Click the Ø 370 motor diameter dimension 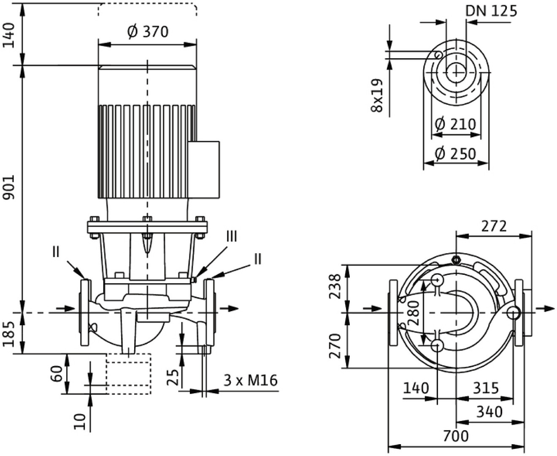[148, 32]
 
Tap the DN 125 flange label [491, 11]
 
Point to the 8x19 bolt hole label [377, 95]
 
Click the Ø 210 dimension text [455, 124]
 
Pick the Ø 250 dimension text [455, 154]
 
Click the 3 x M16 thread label [250, 380]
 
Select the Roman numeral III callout [232, 236]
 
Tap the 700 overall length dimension [455, 435]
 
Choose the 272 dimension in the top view [494, 226]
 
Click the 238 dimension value [334, 287]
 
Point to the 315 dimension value [485, 388]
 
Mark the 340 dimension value [489, 411]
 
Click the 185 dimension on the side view [10, 333]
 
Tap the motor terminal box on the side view [204, 170]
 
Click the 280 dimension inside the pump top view [415, 312]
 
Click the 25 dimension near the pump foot [172, 376]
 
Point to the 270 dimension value [334, 345]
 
